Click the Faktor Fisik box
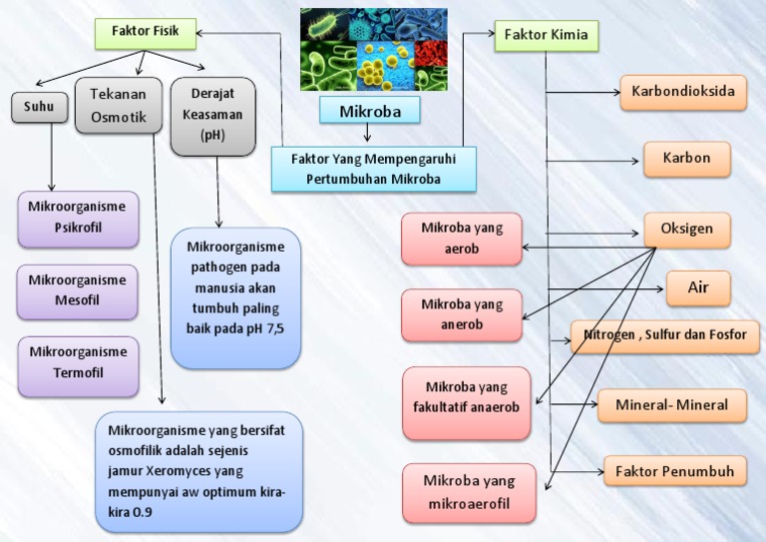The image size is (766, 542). [145, 33]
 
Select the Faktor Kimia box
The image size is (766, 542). [546, 35]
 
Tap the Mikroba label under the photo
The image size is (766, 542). [370, 111]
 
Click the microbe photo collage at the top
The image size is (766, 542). [373, 50]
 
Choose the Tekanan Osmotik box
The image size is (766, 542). [119, 106]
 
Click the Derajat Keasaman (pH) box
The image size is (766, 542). [212, 116]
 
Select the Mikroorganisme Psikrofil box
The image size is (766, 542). [78, 217]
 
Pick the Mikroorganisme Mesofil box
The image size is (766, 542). [78, 290]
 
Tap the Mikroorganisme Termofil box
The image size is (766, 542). [78, 362]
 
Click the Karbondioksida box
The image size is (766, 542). [683, 93]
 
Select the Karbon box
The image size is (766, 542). [686, 159]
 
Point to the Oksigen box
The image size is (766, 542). [686, 230]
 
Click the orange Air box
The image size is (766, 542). [698, 287]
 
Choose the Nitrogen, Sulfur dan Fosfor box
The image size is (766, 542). [664, 335]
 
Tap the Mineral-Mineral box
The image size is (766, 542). [671, 405]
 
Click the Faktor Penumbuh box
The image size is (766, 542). [674, 470]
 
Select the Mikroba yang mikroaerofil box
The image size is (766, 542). [468, 492]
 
